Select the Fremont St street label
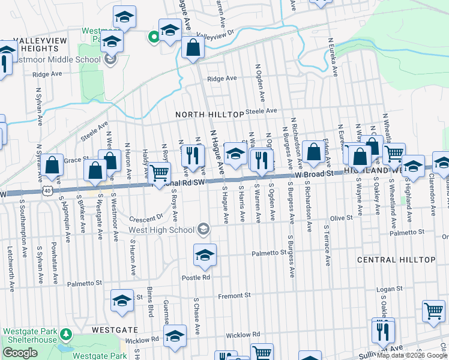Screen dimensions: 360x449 click(234, 296)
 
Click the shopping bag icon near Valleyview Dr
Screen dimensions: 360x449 click(192, 49)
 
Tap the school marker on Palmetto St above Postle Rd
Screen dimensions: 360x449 click(205, 256)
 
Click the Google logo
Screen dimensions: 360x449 click(20, 353)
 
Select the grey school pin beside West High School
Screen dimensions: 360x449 click(203, 229)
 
